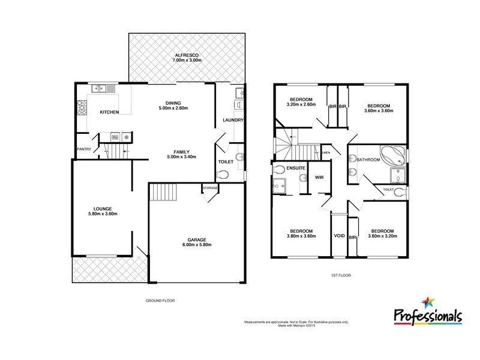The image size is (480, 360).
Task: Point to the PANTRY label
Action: pyautogui.click(x=83, y=149)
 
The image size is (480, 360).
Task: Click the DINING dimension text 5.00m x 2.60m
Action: pyautogui.click(x=173, y=108)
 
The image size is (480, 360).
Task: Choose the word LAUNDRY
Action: pyautogui.click(x=232, y=120)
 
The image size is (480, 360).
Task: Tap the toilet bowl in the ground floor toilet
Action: pyautogui.click(x=224, y=175)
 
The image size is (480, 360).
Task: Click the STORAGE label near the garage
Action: pyautogui.click(x=210, y=188)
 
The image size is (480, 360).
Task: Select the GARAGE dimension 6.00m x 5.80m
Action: pyautogui.click(x=197, y=245)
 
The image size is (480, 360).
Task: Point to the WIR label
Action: pyautogui.click(x=320, y=178)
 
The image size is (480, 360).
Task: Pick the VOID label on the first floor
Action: pyautogui.click(x=339, y=236)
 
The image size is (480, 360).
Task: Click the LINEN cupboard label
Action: pyautogui.click(x=326, y=152)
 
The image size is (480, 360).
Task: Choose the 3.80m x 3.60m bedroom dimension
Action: pyautogui.click(x=301, y=237)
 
